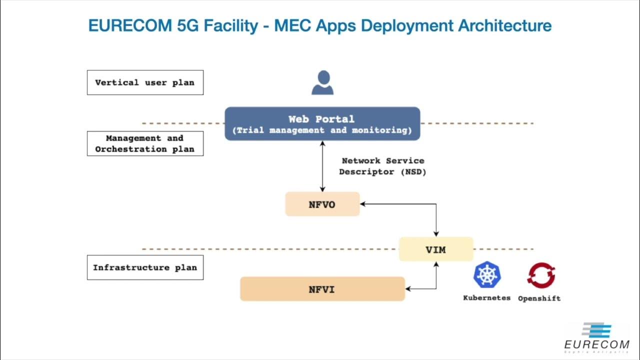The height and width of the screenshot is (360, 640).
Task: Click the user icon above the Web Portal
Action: (x=322, y=82)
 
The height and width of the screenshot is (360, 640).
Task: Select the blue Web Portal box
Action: (x=322, y=123)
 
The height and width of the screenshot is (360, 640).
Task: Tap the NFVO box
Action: (x=322, y=204)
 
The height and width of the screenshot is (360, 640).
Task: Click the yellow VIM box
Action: (x=435, y=249)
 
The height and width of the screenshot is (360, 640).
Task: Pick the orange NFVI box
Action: (x=322, y=289)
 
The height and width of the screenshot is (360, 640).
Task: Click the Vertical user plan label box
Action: (x=145, y=82)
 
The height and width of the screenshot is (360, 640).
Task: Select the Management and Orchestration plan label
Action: (x=145, y=143)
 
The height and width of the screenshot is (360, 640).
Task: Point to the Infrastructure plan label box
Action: (x=145, y=267)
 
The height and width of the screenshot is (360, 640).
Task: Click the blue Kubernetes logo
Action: (x=487, y=274)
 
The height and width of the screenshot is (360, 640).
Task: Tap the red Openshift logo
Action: (x=541, y=275)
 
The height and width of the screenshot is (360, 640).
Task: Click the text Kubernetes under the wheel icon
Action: (x=487, y=298)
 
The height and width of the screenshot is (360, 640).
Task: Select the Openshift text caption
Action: (x=539, y=298)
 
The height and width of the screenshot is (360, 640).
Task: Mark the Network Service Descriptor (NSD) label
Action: (x=382, y=166)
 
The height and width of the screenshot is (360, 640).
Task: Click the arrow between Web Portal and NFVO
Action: (x=322, y=166)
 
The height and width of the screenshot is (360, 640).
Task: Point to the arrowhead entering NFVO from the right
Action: (x=363, y=204)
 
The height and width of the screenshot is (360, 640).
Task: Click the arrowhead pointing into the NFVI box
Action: (x=408, y=289)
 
